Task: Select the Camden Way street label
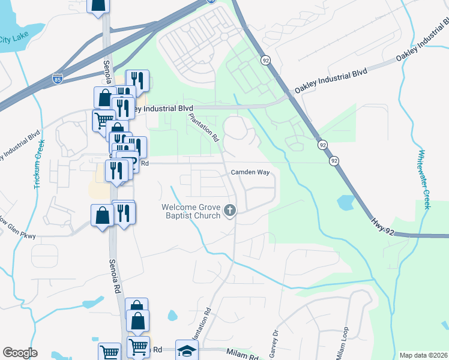(x=249, y=172)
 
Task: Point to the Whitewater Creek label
(x=425, y=179)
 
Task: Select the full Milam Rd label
(x=243, y=355)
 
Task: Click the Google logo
(x=20, y=353)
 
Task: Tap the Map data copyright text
(x=424, y=355)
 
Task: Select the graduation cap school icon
(x=187, y=349)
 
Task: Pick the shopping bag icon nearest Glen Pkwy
(x=102, y=215)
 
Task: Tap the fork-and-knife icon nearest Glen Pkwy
(x=123, y=212)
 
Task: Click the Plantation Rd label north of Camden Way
(x=204, y=127)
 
